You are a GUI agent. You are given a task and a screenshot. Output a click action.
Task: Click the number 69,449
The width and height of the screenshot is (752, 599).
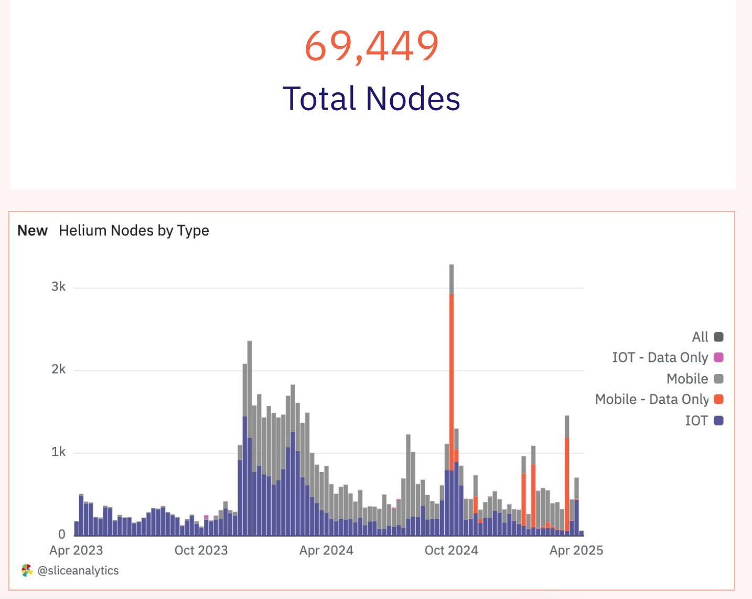point(371,46)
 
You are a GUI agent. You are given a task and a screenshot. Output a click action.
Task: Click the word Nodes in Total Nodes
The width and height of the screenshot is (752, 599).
point(413,99)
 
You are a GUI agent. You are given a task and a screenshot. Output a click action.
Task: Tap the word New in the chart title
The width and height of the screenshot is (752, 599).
point(33,231)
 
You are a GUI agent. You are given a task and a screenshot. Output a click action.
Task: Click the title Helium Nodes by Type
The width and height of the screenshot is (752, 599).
point(134,231)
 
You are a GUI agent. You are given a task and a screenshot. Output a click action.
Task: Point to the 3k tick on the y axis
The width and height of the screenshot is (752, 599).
point(59,287)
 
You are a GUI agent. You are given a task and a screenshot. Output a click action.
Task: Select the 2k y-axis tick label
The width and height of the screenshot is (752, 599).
point(59,370)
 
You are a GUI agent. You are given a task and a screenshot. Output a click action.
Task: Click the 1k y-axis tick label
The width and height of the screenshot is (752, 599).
point(59,452)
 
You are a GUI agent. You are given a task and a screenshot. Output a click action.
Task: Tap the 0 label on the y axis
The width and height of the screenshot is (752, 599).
point(62,534)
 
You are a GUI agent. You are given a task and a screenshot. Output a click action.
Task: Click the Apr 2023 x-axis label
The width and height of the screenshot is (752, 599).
point(76,550)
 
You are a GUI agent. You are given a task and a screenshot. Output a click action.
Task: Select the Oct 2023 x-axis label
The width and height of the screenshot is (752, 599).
point(201,550)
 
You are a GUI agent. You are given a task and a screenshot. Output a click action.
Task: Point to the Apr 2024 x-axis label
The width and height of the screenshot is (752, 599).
point(326,550)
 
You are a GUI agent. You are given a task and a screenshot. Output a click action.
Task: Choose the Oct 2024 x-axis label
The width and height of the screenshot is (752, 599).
point(452,550)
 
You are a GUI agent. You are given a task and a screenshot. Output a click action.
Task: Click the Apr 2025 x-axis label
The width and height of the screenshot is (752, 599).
point(576,550)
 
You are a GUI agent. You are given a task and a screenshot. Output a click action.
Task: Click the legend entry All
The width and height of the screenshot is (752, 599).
point(700,337)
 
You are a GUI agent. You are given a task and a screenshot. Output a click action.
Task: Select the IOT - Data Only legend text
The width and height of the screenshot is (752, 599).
point(660,358)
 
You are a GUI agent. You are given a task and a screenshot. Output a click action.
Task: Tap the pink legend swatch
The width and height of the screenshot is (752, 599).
point(719,358)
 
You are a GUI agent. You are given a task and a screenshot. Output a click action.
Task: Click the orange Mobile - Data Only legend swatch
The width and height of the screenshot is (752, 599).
point(719,399)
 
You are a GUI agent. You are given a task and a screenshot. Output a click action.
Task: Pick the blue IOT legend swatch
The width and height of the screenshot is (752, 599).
point(719,420)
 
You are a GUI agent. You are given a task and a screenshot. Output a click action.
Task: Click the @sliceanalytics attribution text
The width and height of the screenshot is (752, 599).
point(78,571)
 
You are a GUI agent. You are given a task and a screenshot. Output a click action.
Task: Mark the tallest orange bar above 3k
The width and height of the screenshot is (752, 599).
point(452,378)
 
